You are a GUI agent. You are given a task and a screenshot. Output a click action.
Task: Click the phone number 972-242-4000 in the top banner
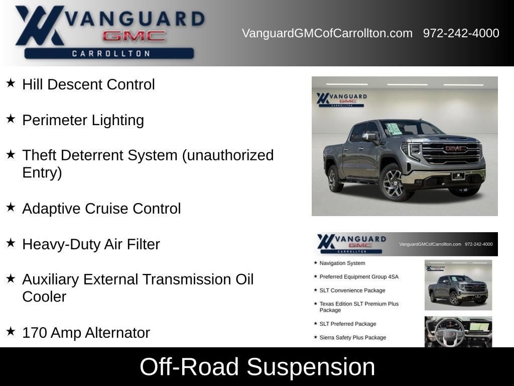click(x=461, y=33)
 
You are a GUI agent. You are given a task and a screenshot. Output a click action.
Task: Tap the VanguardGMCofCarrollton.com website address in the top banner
click(x=327, y=33)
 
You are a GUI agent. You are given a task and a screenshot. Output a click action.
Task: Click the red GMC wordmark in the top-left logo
click(x=134, y=36)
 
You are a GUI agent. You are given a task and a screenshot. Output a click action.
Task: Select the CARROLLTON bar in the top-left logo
click(x=109, y=53)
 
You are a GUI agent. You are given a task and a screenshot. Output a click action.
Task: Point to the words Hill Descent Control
click(x=88, y=84)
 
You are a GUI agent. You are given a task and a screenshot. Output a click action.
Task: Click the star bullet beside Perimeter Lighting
click(x=11, y=119)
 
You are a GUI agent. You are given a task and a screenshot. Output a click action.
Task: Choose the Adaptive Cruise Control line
click(x=101, y=209)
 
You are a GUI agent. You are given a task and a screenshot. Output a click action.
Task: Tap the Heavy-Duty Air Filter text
click(x=91, y=244)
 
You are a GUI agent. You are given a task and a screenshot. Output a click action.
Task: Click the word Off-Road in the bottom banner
click(x=189, y=366)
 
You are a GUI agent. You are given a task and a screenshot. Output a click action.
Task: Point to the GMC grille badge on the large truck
click(x=455, y=149)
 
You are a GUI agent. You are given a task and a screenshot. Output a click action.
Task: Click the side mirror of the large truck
click(x=369, y=137)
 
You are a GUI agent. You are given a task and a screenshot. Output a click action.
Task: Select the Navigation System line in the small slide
click(x=342, y=263)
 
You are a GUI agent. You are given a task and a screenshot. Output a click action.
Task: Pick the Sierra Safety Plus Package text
click(x=353, y=337)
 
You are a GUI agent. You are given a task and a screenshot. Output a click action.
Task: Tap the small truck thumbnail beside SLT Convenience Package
click(x=458, y=285)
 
